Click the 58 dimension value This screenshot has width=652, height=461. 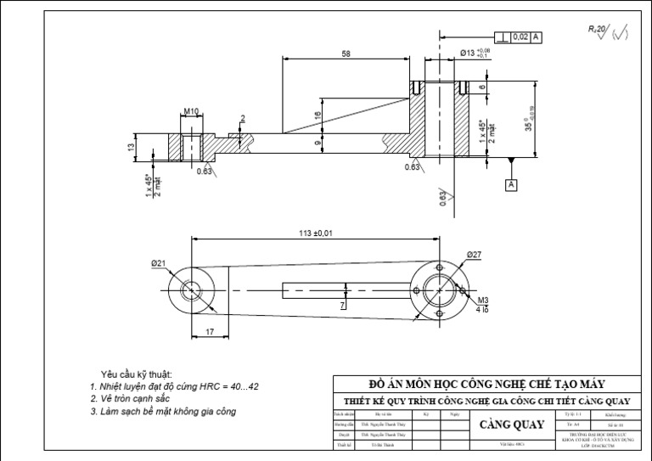tap(346, 53)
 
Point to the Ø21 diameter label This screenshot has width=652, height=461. tap(159, 264)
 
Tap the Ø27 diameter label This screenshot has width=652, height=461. tap(474, 255)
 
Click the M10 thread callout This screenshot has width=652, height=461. tap(190, 111)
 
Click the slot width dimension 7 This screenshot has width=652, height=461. tap(342, 303)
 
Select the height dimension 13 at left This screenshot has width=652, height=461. tap(131, 147)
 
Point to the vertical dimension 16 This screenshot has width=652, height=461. tap(318, 115)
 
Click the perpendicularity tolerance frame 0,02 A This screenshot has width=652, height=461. tap(519, 37)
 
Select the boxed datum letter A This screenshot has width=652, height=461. tap(511, 184)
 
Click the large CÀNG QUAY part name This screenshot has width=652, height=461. tap(512, 424)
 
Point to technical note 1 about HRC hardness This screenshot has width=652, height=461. tap(174, 386)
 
